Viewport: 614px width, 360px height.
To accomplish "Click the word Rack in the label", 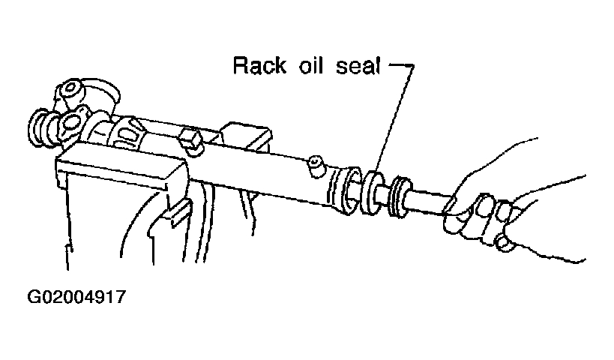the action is [x=259, y=66].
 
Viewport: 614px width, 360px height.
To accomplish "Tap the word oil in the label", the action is [x=311, y=65].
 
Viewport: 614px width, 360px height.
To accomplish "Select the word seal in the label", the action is [x=358, y=66].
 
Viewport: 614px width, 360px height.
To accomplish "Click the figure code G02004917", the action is [x=76, y=297].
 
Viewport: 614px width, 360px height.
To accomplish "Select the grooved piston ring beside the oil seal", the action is [x=400, y=197].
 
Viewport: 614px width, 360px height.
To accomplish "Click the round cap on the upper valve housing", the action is [x=70, y=91].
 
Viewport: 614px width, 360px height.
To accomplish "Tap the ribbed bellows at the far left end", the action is [x=42, y=128].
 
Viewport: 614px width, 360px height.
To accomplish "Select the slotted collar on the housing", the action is [x=126, y=133].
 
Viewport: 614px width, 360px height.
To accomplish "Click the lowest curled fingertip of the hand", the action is [x=505, y=242].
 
